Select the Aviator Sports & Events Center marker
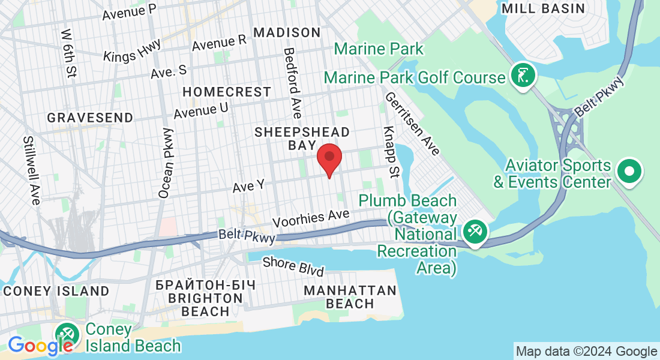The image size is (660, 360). click(x=629, y=171)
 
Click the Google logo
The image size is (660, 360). click(x=40, y=346)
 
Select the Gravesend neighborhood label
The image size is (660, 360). click(x=90, y=117)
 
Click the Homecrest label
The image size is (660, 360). click(x=227, y=92)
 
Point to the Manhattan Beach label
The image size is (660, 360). click(x=350, y=297)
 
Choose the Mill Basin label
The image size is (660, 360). click(x=543, y=8)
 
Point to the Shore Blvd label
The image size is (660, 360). click(x=293, y=266)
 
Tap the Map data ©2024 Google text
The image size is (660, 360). click(x=587, y=352)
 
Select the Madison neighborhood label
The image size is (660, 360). click(x=287, y=32)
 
